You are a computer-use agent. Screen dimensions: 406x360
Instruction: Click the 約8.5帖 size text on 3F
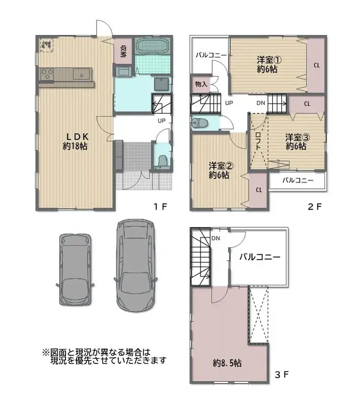pos(227,363)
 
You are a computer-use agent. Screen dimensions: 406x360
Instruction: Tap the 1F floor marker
pos(161,207)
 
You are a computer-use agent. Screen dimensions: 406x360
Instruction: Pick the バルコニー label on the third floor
pos(260,257)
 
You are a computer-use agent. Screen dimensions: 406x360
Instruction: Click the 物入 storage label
pos(201,84)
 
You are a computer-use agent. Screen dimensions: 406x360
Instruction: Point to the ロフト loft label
pos(258,141)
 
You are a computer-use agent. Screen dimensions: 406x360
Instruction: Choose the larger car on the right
pos(137,265)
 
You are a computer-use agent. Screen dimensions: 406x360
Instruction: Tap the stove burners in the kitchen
pos(48,75)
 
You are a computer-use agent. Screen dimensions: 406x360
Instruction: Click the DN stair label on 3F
pos(216,238)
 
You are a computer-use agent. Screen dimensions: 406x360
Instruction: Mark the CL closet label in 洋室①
pos(316,65)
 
